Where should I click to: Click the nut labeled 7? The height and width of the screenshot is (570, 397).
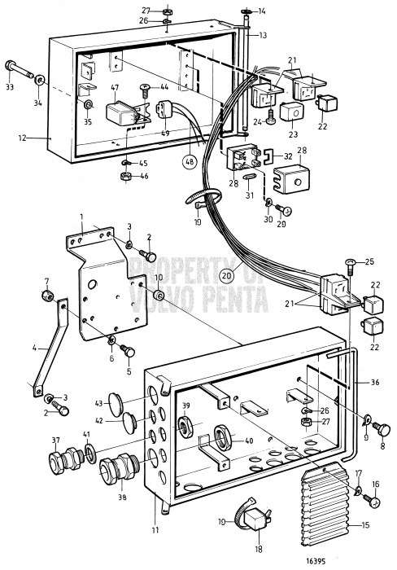pyautogui.click(x=47, y=294)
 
